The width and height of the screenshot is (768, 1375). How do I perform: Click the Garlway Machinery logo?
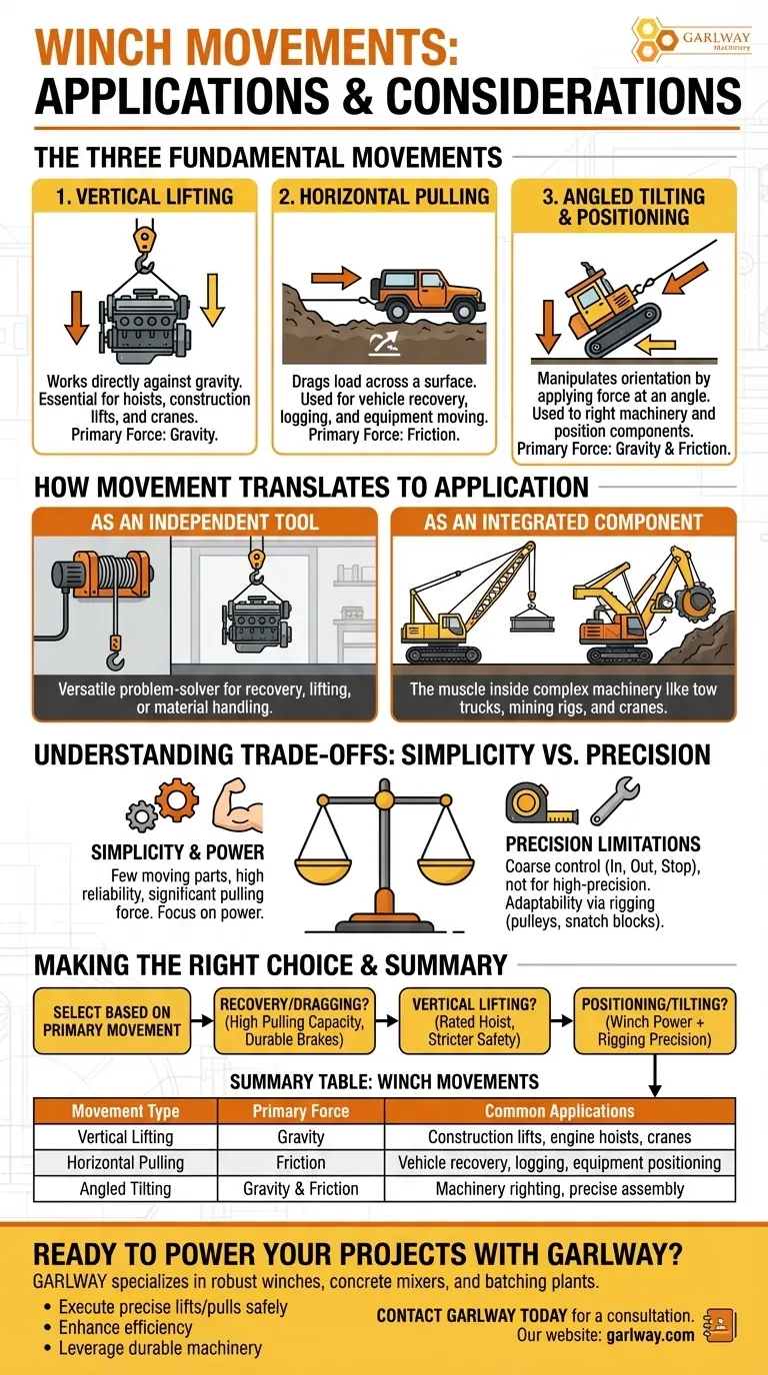point(691,40)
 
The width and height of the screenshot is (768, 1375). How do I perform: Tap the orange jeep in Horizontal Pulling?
point(428,295)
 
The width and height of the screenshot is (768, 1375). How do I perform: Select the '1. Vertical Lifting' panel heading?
point(144,197)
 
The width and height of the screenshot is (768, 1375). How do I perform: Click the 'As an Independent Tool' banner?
point(205,522)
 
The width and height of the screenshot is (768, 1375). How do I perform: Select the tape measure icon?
point(541,802)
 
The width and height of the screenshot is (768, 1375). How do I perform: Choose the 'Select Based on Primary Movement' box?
point(112,1021)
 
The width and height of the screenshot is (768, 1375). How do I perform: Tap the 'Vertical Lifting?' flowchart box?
point(474,1021)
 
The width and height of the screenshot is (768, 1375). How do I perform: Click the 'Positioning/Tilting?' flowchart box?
point(654,1021)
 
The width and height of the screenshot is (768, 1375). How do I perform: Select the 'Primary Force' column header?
point(301,1111)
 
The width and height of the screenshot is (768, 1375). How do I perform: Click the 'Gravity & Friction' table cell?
point(300,1189)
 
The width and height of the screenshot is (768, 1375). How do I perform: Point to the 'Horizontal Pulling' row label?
point(125,1162)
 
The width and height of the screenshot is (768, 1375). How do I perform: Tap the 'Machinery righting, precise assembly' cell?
point(560,1189)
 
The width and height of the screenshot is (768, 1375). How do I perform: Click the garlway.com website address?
point(650,1334)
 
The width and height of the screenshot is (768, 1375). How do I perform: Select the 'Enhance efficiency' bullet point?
point(125,1327)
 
